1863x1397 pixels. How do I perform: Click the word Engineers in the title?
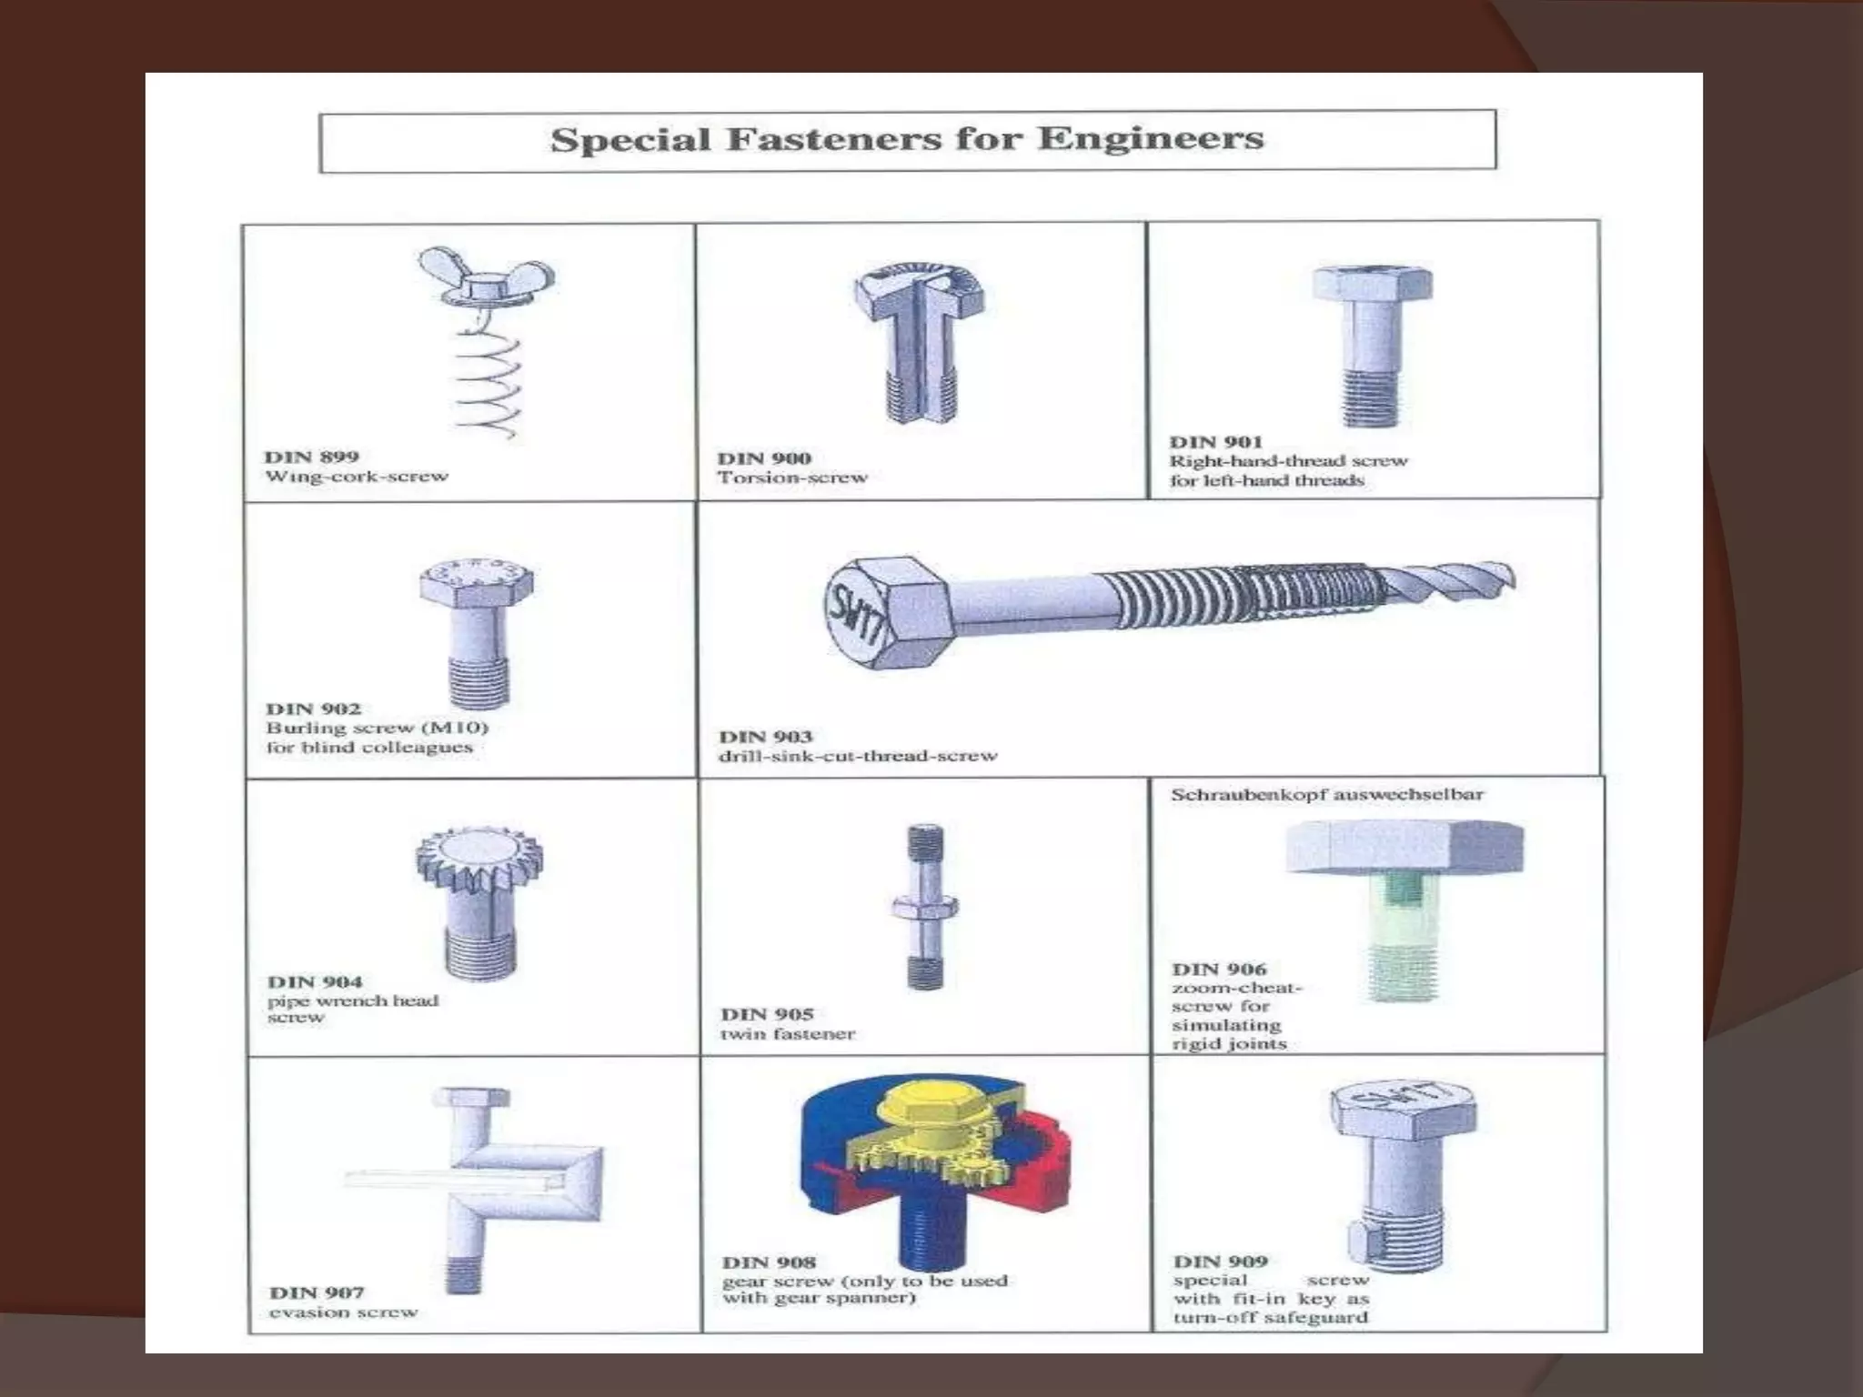pyautogui.click(x=1150, y=139)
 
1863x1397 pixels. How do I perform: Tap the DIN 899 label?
pyautogui.click(x=311, y=457)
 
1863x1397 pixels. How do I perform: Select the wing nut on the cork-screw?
pyautogui.click(x=486, y=277)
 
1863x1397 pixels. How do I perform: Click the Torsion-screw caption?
pyautogui.click(x=791, y=477)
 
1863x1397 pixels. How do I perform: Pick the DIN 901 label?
pyautogui.click(x=1215, y=442)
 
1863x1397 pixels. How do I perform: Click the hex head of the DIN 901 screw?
pyautogui.click(x=1372, y=284)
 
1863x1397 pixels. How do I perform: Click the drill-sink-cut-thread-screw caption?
pyautogui.click(x=857, y=756)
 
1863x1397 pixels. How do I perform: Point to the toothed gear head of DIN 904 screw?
pyautogui.click(x=478, y=859)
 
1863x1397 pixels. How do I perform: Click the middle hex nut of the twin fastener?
pyautogui.click(x=925, y=906)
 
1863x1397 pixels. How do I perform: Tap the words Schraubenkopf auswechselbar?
pyautogui.click(x=1326, y=794)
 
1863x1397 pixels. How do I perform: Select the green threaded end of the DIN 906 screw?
pyautogui.click(x=1402, y=973)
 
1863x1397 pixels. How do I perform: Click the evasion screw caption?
pyautogui.click(x=343, y=1312)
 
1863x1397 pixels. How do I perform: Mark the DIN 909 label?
pyautogui.click(x=1219, y=1261)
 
